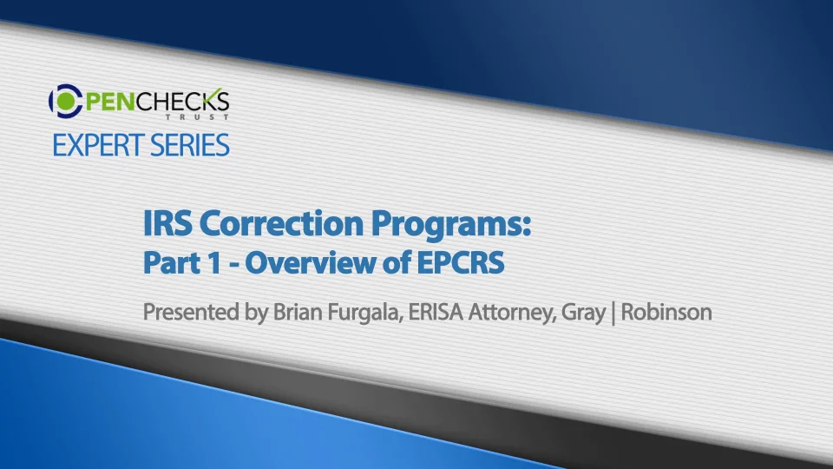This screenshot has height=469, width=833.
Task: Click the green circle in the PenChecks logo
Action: click(x=67, y=101)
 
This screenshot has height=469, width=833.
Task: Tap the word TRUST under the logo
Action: click(x=197, y=117)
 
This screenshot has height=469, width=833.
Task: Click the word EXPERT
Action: click(x=98, y=145)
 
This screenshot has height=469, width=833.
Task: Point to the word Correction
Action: click(x=281, y=223)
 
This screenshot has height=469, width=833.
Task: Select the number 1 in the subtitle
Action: click(x=213, y=262)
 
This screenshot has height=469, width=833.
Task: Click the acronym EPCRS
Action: click(x=460, y=262)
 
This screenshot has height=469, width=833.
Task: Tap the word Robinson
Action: click(x=666, y=312)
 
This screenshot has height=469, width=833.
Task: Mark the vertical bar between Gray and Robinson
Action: click(x=613, y=314)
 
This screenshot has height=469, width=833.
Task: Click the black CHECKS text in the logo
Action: click(x=184, y=101)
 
